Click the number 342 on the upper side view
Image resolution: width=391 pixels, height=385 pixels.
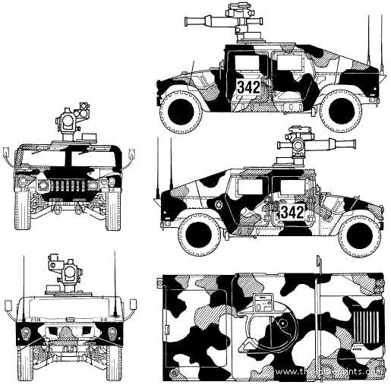click(x=248, y=87)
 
